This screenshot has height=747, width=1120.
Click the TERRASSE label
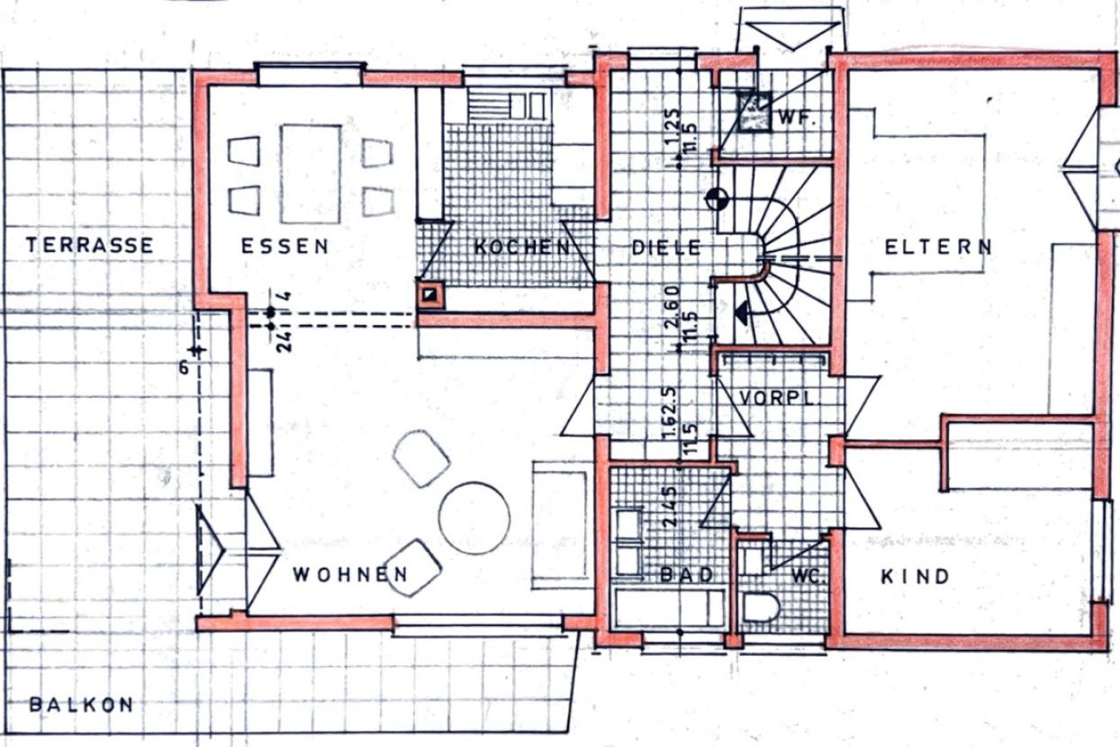[89, 245]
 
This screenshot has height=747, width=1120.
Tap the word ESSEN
[285, 247]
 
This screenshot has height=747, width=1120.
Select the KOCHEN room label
[522, 247]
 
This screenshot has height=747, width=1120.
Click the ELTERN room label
[938, 247]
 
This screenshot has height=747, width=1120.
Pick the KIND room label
[915, 576]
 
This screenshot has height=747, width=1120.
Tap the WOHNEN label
[349, 574]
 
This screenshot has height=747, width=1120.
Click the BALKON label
[81, 705]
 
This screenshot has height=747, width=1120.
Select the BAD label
[686, 574]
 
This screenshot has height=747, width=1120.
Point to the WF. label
[796, 117]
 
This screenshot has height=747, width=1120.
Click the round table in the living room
[474, 518]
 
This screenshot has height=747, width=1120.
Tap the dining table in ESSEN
[311, 174]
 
